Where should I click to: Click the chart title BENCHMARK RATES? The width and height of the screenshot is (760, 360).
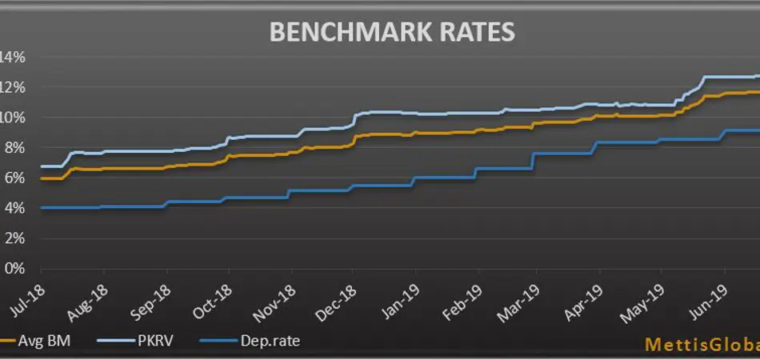tap(391, 32)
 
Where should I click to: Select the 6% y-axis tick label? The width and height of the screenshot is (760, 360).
tap(14, 178)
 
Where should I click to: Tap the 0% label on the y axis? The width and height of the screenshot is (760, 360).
tap(14, 269)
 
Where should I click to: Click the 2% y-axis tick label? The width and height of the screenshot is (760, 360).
tap(14, 238)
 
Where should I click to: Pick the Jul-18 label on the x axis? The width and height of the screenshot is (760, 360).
tap(28, 297)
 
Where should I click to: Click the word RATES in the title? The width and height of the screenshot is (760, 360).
tap(474, 32)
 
